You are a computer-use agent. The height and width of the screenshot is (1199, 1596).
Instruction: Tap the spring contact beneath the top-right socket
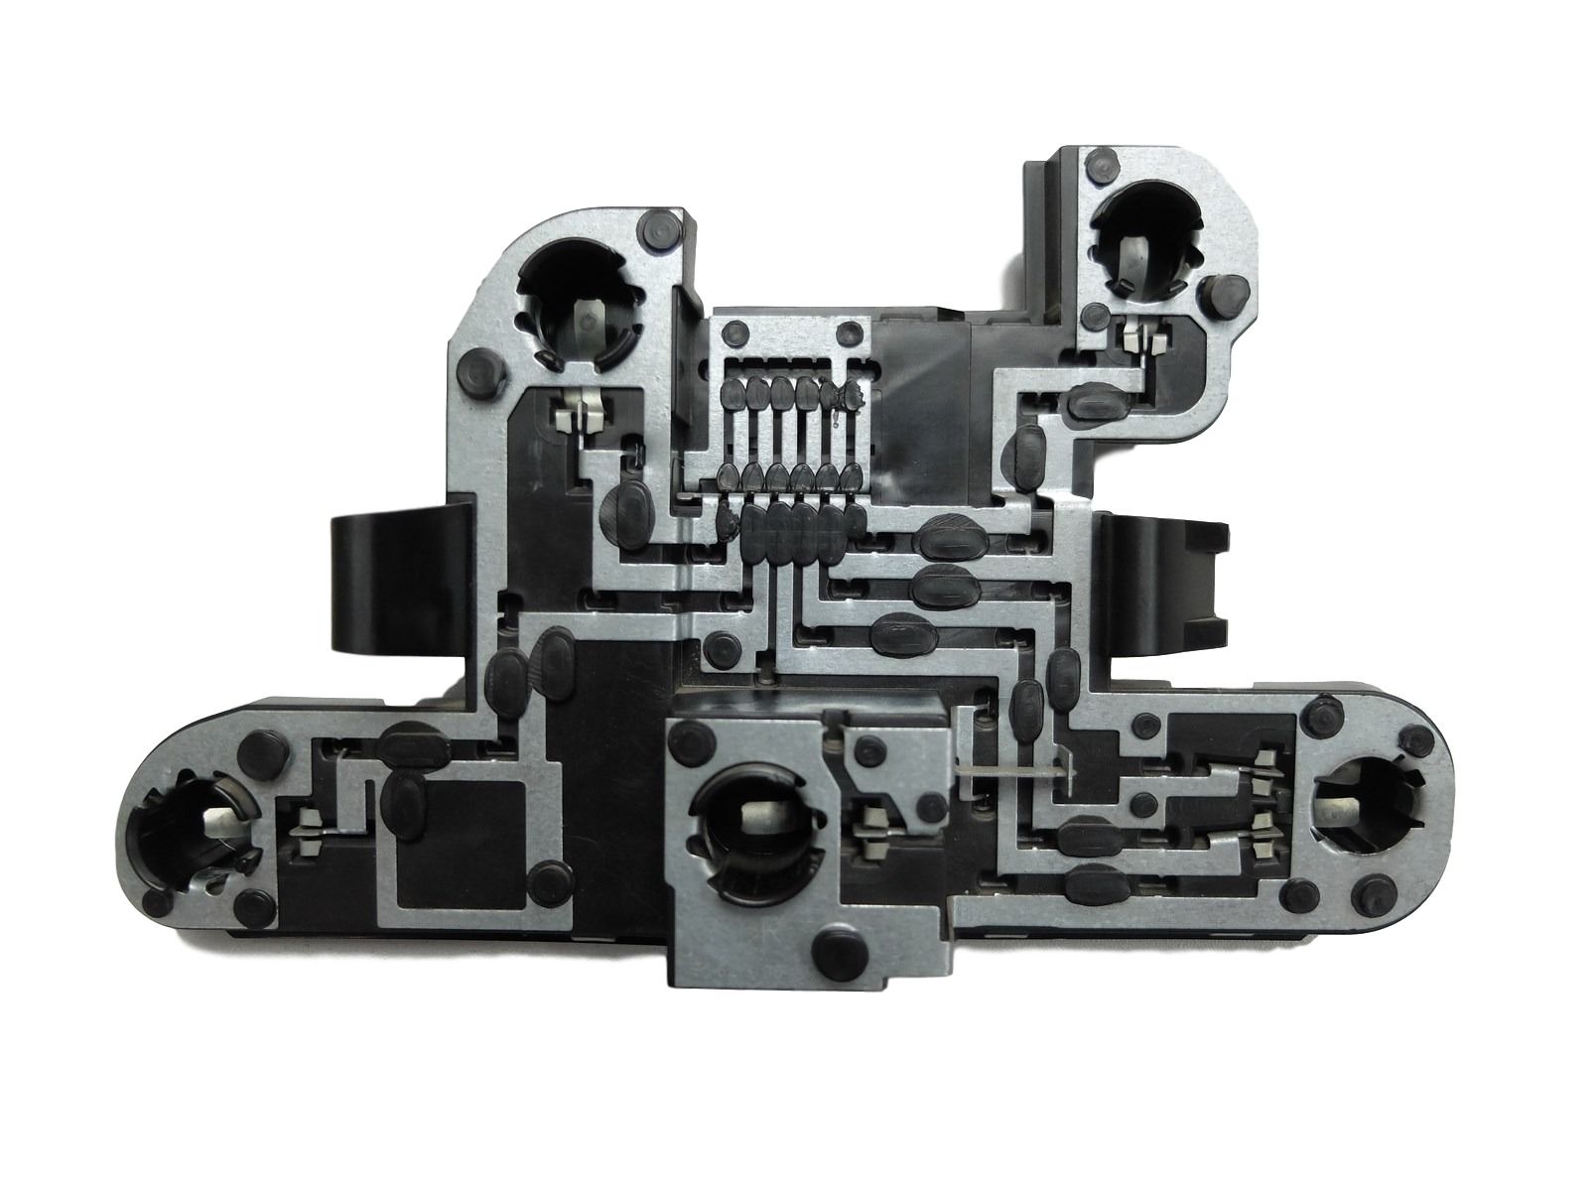(1144, 341)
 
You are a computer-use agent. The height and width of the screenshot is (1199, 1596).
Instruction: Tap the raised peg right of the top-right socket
(1227, 295)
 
